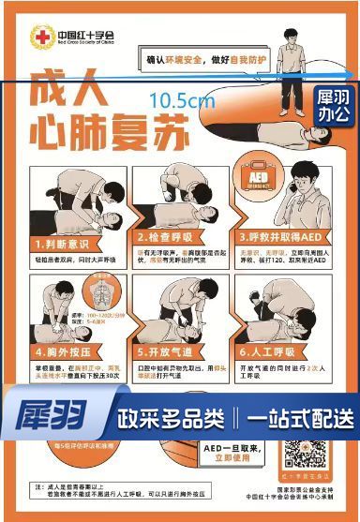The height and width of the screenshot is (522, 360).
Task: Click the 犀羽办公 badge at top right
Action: [x=333, y=105]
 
